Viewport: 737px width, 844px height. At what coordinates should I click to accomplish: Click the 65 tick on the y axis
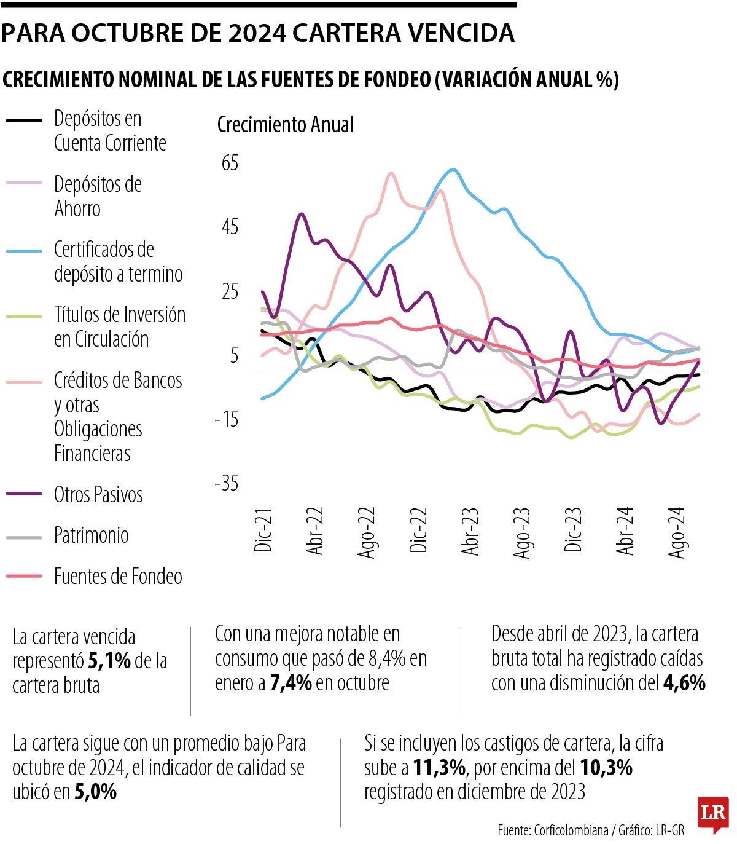[230, 164]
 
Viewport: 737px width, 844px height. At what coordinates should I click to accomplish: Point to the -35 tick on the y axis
[226, 484]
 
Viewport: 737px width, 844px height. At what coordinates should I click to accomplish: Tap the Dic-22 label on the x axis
[418, 530]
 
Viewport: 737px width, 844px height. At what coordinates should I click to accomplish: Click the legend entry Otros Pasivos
[98, 495]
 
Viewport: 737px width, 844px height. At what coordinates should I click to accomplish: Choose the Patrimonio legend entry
[92, 535]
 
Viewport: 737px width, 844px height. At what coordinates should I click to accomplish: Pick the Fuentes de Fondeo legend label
[118, 577]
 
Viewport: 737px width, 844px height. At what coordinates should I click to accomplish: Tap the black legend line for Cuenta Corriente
[24, 120]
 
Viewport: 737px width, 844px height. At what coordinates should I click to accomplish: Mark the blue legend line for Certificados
[24, 251]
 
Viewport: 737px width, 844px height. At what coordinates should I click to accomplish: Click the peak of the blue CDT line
[453, 170]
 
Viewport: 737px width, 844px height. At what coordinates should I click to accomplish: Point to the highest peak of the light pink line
[391, 173]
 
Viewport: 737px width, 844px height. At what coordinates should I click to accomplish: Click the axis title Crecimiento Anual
[286, 125]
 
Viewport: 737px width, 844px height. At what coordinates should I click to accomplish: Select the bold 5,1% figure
[109, 661]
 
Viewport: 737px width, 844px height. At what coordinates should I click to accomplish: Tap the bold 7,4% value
[291, 683]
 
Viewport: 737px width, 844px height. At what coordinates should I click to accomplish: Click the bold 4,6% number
[684, 683]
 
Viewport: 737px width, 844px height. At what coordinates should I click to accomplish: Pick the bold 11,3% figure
[439, 768]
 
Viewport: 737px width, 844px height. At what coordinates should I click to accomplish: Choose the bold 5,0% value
[95, 792]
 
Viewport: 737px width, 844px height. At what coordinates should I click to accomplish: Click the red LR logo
[712, 814]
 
